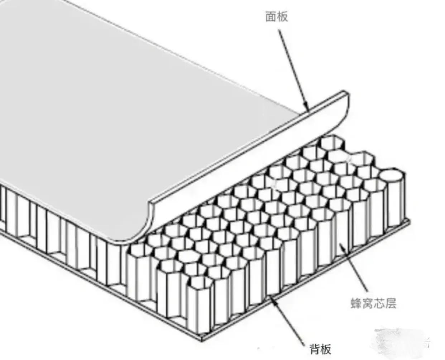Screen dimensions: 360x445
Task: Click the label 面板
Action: pyautogui.click(x=276, y=16)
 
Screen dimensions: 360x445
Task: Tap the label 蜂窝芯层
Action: pyautogui.click(x=373, y=304)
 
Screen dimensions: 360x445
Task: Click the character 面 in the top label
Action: pyautogui.click(x=271, y=16)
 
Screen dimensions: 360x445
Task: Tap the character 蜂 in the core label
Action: pyautogui.click(x=356, y=304)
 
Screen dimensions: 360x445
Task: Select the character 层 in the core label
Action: pyautogui.click(x=391, y=304)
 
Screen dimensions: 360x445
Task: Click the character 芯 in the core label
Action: pyautogui.click(x=379, y=304)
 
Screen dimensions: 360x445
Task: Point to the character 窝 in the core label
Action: pyautogui.click(x=368, y=304)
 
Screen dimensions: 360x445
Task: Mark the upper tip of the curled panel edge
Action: pyautogui.click(x=346, y=94)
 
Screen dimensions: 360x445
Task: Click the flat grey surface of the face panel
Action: pyautogui.click(x=125, y=107)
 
